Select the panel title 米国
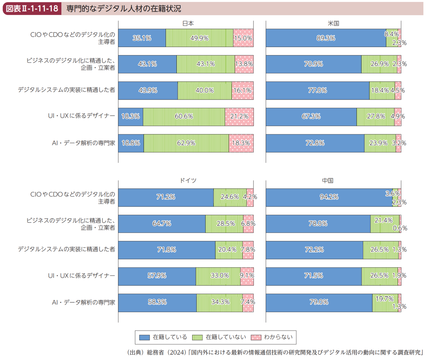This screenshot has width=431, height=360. click(333, 23)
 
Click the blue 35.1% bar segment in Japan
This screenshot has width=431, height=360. click(142, 38)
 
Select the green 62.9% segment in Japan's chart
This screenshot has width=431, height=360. click(186, 143)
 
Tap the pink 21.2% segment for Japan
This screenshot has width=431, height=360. click(239, 117)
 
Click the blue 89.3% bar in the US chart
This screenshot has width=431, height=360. click(326, 38)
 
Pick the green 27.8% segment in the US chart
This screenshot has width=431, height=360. click(376, 117)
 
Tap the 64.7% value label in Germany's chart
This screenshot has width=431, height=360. click(162, 224)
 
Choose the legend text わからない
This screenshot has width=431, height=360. click(278, 337)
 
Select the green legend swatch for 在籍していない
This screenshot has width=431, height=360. click(197, 337)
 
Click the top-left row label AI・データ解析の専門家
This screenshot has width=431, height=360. click(83, 143)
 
